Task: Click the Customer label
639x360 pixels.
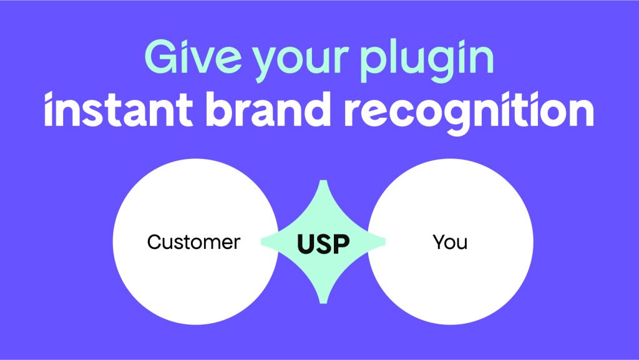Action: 193,242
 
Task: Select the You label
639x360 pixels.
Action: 450,242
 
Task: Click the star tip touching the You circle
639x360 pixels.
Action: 383,242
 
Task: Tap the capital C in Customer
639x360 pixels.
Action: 154,242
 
